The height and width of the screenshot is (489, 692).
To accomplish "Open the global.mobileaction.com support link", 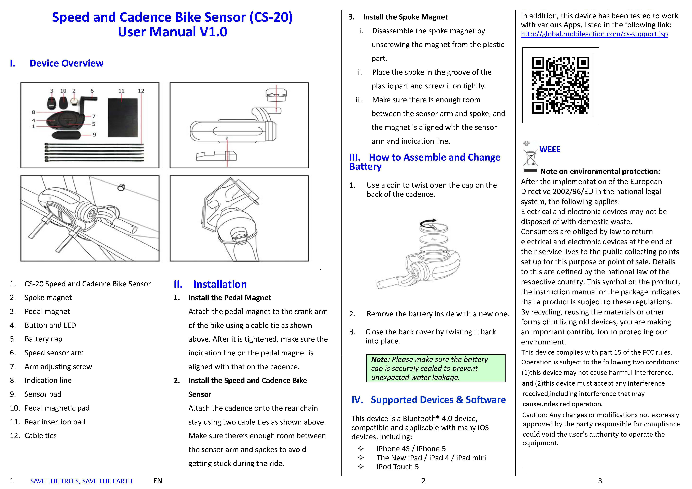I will point(594,34).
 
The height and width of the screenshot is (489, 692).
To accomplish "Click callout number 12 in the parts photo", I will point(141,91).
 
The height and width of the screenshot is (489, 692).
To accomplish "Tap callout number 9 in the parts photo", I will point(94,135).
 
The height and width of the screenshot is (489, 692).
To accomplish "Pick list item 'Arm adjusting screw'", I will point(58,367).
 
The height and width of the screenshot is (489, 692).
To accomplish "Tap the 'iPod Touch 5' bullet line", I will point(397,467).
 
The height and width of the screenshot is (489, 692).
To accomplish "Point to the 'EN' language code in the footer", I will point(158,481).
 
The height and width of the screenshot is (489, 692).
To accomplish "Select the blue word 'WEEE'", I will point(550,149).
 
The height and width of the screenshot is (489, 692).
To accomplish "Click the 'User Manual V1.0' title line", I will point(172,32).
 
